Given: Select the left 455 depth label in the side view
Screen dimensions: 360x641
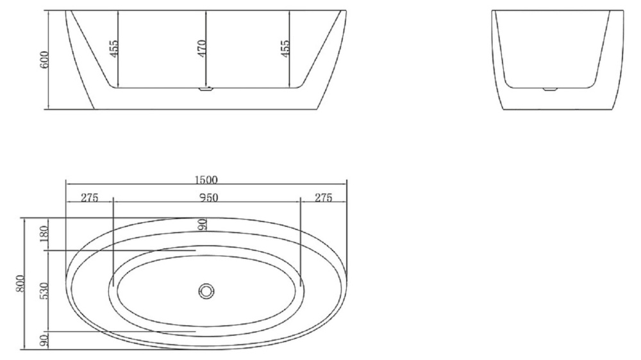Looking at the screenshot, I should tap(113, 49).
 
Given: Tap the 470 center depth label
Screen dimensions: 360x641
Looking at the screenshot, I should tap(201, 49).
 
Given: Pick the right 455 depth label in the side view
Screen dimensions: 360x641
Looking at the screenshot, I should tap(285, 49).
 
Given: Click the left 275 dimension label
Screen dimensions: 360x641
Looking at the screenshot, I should tap(89, 198).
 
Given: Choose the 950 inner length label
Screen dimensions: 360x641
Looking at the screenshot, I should tap(207, 198).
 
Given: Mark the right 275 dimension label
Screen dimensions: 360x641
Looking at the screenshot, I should tap(323, 198).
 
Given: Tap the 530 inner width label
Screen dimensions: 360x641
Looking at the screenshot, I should tap(44, 292).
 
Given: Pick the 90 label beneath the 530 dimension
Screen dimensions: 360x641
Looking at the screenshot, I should tap(44, 341).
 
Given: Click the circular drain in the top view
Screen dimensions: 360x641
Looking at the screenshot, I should tap(206, 291).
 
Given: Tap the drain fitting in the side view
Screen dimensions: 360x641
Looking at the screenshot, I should tap(205, 90).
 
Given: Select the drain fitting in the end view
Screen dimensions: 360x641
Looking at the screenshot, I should tap(551, 88).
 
